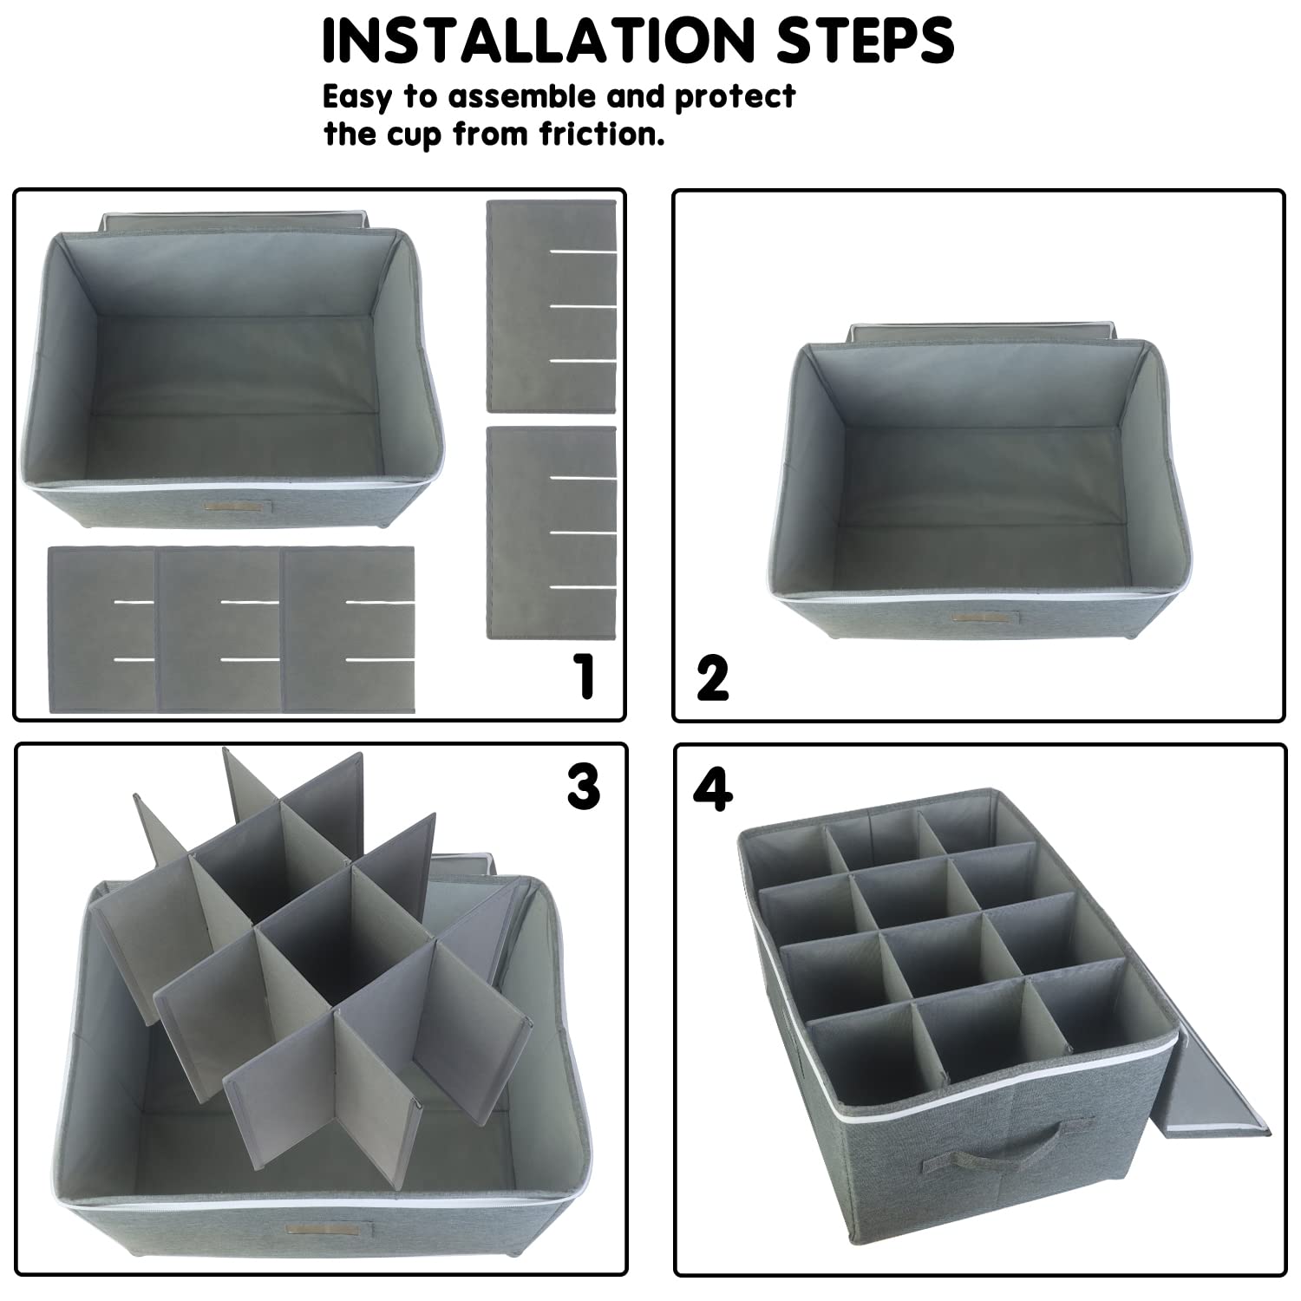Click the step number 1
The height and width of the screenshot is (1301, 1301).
(x=587, y=677)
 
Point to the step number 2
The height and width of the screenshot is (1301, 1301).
(x=712, y=678)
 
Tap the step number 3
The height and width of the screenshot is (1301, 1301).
(x=583, y=787)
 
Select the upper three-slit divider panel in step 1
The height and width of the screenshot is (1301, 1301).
(x=552, y=306)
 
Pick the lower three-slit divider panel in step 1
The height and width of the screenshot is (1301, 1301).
(x=552, y=533)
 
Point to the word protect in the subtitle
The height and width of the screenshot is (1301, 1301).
(x=735, y=96)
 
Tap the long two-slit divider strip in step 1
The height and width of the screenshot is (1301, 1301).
(x=231, y=630)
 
